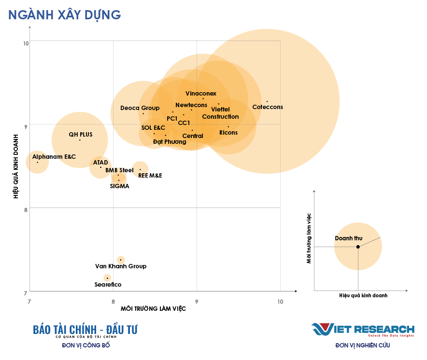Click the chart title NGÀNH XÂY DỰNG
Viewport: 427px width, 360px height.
click(x=64, y=15)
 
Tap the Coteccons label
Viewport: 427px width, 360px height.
click(x=268, y=107)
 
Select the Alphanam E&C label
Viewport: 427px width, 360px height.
click(x=54, y=157)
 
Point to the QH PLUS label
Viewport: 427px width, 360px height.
click(x=81, y=135)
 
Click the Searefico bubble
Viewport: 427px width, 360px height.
click(x=107, y=278)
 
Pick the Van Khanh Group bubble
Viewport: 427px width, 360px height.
click(x=121, y=260)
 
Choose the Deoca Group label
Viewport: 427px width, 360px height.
click(x=140, y=108)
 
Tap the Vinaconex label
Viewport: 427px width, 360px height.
click(x=201, y=94)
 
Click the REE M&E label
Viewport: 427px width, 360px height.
click(x=150, y=176)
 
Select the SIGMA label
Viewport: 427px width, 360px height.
click(x=119, y=186)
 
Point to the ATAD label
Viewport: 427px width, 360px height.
click(x=100, y=163)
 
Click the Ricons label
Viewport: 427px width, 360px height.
click(x=228, y=133)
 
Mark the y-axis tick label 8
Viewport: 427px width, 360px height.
click(x=26, y=209)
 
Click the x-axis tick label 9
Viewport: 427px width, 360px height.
click(x=197, y=302)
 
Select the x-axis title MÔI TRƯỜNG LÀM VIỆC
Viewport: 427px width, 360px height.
click(x=153, y=309)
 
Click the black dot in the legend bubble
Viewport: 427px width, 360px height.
click(x=358, y=247)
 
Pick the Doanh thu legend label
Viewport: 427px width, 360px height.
click(x=348, y=238)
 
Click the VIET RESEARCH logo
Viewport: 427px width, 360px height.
click(x=363, y=330)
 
